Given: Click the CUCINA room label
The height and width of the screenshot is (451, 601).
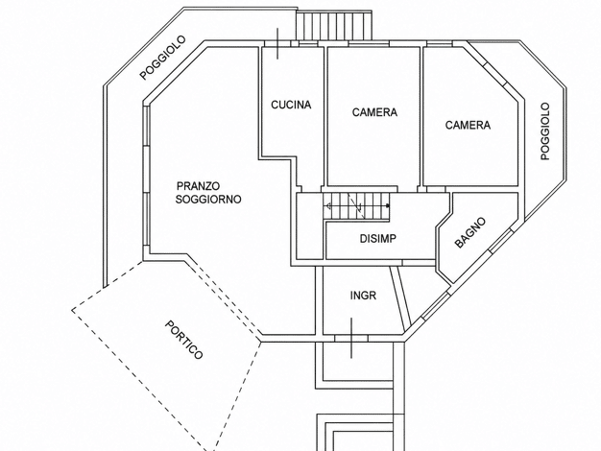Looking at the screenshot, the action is tap(291, 105).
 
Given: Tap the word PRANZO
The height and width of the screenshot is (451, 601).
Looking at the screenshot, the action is tap(198, 186).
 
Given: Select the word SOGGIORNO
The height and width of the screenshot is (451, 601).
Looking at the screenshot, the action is tap(208, 200).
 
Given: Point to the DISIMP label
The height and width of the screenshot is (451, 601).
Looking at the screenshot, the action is tap(378, 239).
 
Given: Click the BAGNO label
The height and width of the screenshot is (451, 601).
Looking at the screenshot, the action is tap(469, 232).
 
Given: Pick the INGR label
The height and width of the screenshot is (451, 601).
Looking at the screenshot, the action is tap(363, 296).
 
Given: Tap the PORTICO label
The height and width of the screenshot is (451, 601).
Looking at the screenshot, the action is tap(183, 340).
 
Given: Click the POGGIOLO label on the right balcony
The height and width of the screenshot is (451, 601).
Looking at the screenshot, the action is tap(545, 131).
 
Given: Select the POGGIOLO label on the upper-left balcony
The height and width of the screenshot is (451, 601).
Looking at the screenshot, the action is tap(162, 58).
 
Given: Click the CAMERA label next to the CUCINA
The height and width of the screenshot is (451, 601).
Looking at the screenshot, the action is tap(374, 112).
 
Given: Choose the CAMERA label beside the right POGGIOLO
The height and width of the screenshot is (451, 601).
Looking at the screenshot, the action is tap(468, 125).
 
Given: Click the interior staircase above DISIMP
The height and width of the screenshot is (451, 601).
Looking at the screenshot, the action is tap(356, 206).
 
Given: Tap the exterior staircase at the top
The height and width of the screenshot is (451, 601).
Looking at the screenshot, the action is tap(334, 25).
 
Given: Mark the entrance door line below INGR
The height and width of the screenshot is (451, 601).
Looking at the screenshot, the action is tap(351, 338).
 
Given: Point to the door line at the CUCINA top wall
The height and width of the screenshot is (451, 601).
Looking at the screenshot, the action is tap(277, 43).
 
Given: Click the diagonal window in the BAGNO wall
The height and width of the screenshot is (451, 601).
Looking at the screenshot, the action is tap(500, 241).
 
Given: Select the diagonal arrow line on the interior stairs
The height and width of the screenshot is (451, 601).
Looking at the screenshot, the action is tap(355, 202).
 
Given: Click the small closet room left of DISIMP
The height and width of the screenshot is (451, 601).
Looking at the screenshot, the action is tap(310, 226).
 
